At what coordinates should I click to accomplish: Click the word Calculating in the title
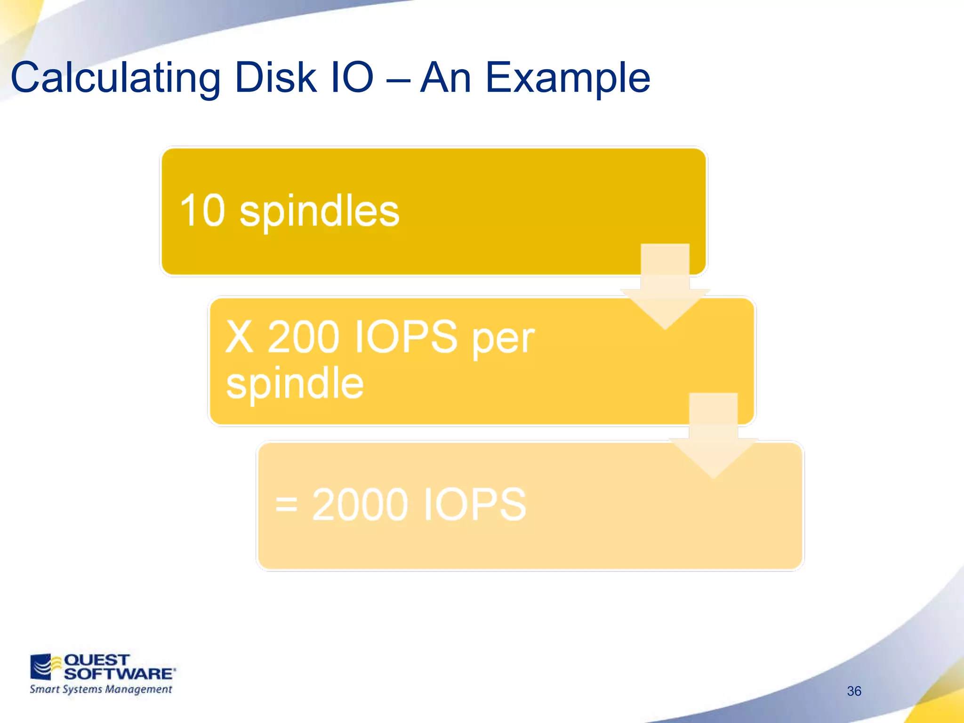[x=115, y=78]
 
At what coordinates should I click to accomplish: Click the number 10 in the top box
[x=202, y=211]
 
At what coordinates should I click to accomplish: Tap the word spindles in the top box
[x=319, y=212]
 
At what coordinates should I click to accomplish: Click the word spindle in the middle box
[x=295, y=384]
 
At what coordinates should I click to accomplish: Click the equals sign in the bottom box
[x=286, y=505]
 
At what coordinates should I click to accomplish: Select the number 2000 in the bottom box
[x=360, y=505]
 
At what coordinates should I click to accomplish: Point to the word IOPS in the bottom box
[x=474, y=505]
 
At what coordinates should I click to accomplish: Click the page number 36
[x=854, y=691]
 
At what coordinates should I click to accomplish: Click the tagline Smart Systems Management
[x=101, y=690]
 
